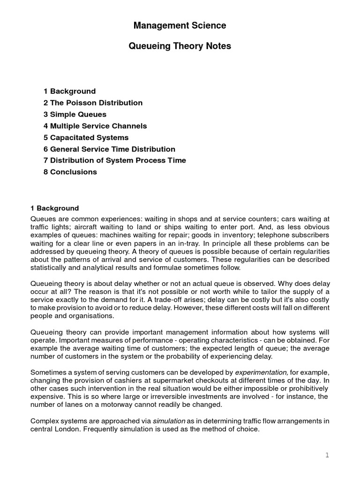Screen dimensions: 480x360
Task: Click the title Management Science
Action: point(180,26)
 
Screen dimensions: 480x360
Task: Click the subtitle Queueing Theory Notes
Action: point(180,46)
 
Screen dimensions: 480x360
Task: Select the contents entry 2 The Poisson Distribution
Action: point(93,103)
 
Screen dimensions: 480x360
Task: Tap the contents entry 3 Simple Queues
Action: point(75,114)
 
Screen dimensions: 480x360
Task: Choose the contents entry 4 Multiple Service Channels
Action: point(95,126)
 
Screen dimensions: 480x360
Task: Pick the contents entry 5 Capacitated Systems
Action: point(86,137)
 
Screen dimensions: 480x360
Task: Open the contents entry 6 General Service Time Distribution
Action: point(109,149)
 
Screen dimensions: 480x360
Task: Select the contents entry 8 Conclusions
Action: point(70,172)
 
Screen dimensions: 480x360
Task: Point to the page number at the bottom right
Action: point(328,455)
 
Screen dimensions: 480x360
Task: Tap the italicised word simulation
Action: point(169,421)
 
